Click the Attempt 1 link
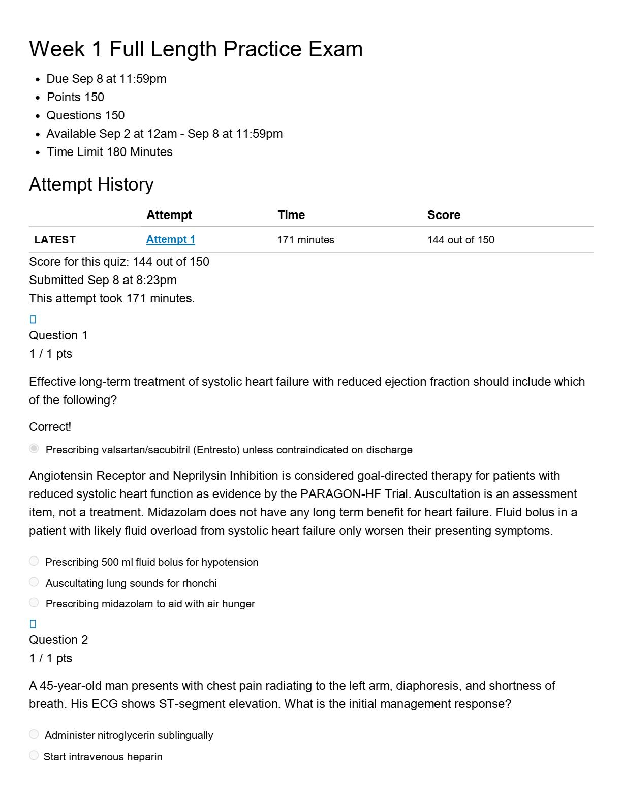coord(170,239)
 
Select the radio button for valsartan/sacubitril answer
coord(34,448)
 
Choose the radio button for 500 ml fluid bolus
coord(34,561)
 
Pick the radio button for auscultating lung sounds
coord(34,582)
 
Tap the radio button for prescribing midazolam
coord(34,603)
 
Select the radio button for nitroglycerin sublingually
coord(34,734)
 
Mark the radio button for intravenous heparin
coord(34,756)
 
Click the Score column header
coord(444,215)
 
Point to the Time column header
coord(291,215)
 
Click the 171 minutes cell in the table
coord(306,240)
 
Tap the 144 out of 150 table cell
coord(460,240)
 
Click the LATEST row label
coord(55,240)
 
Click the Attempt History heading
coord(91,184)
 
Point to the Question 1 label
coord(58,335)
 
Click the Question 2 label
coord(58,640)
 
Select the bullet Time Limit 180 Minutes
coord(110,152)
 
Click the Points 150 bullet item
coord(75,97)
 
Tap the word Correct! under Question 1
coord(50,427)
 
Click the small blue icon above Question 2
coord(33,624)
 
